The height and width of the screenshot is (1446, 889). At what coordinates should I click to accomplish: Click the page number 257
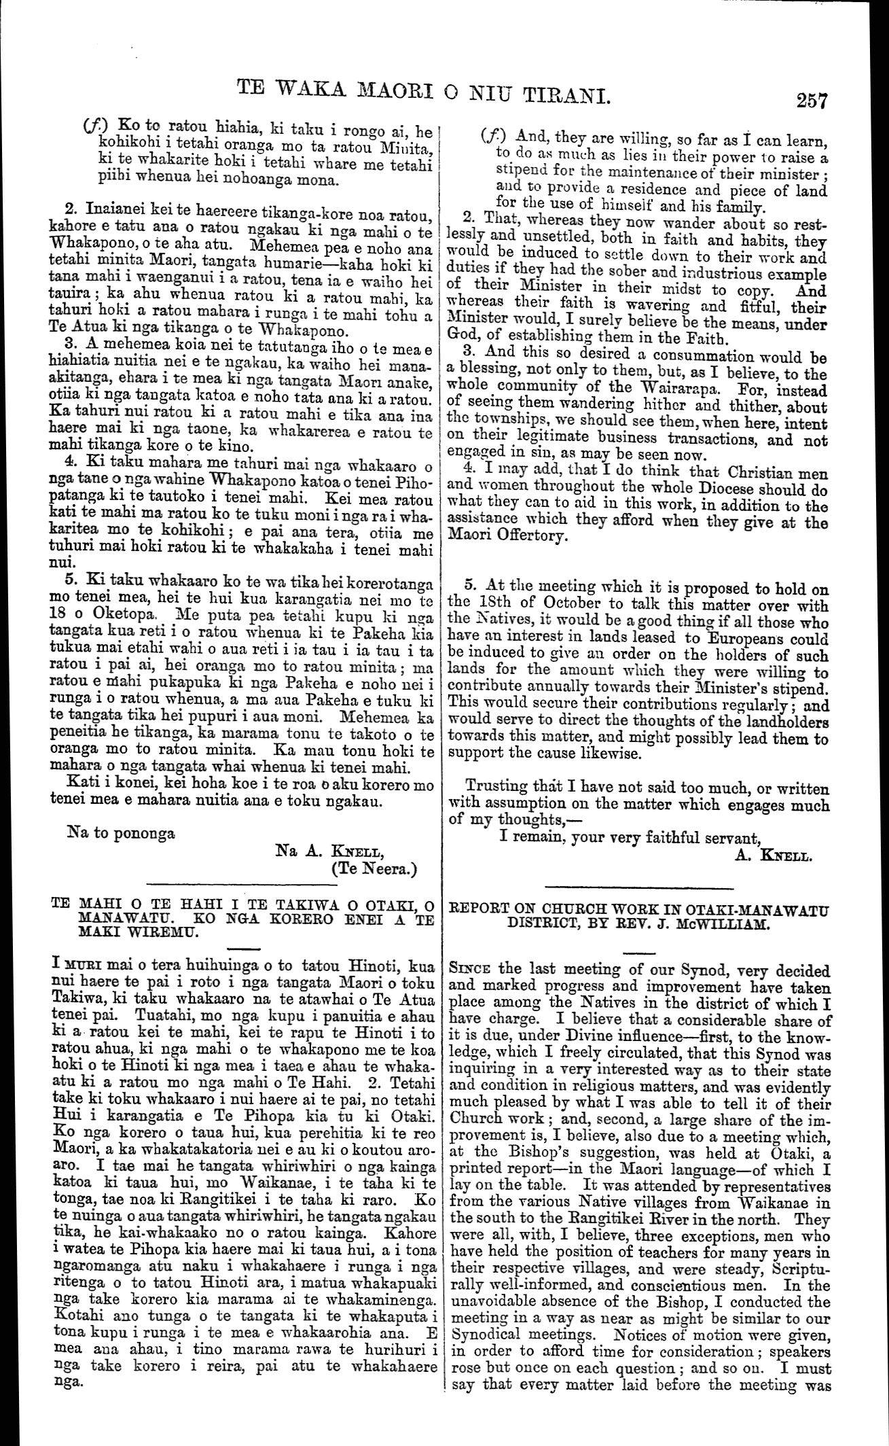pos(812,101)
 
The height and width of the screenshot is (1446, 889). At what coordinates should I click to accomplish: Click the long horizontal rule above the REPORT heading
pos(640,887)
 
